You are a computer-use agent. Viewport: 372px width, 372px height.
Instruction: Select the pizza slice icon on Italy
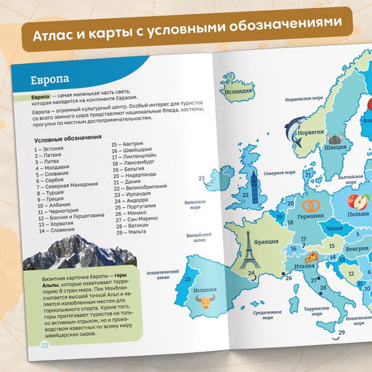coord(312,257)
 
